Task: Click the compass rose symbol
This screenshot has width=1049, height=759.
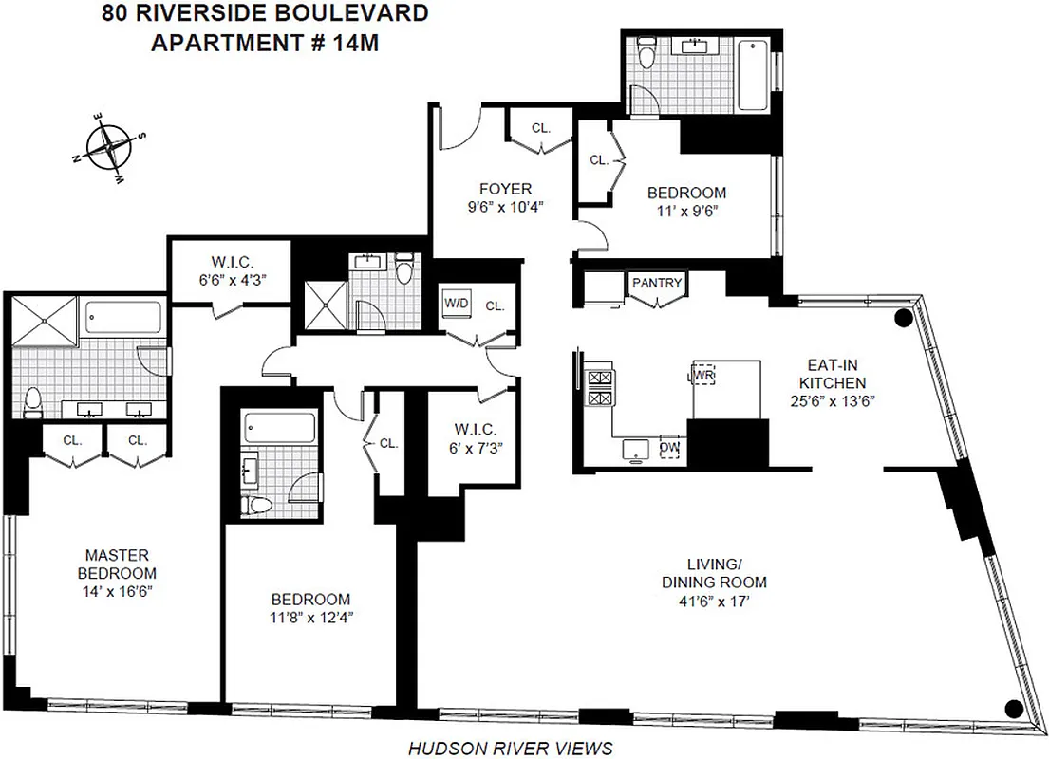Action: tap(112, 148)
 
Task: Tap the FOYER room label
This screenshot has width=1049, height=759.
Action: tap(505, 189)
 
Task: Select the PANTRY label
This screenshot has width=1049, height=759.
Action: tap(658, 283)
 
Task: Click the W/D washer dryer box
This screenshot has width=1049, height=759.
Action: tap(456, 304)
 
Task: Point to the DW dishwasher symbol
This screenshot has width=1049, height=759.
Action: tap(669, 447)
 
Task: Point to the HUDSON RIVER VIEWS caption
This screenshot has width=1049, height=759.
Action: tap(510, 749)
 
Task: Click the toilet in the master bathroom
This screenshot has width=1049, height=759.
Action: tap(33, 402)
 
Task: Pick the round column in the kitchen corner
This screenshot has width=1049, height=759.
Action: tap(903, 319)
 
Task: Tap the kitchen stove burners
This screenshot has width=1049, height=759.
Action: tap(601, 388)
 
